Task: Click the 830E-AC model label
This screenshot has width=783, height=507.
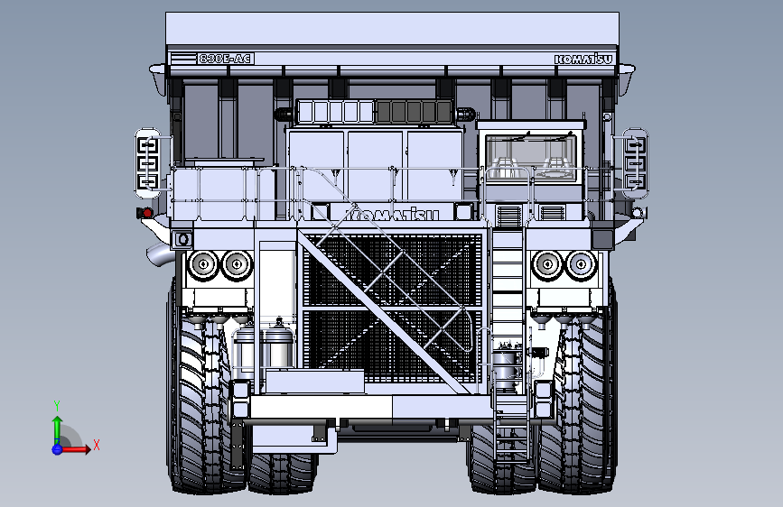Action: pyautogui.click(x=225, y=59)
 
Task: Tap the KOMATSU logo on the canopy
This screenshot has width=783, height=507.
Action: pyautogui.click(x=583, y=60)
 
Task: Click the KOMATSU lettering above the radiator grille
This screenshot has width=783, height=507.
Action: pyautogui.click(x=391, y=215)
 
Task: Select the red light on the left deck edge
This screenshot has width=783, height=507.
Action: pyautogui.click(x=140, y=214)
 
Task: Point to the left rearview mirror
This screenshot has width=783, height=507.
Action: pyautogui.click(x=147, y=163)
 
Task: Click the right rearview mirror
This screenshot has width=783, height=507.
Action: pyautogui.click(x=635, y=163)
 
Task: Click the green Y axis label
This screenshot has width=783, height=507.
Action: pyautogui.click(x=57, y=405)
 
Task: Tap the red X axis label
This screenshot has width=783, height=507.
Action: pyautogui.click(x=96, y=445)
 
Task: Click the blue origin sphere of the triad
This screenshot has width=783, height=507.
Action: pyautogui.click(x=57, y=448)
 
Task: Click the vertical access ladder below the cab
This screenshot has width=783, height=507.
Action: pyautogui.click(x=508, y=307)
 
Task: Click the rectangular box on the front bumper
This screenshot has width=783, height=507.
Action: pyautogui.click(x=314, y=382)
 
